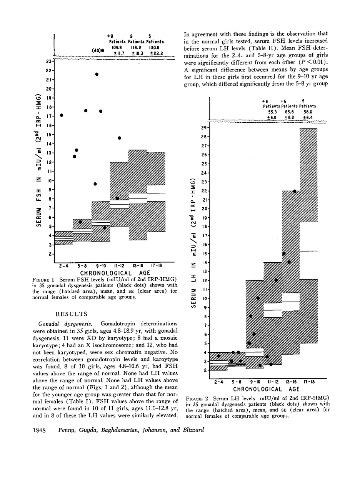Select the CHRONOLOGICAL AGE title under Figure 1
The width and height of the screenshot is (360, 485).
coord(108,273)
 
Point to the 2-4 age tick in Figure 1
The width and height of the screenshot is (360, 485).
coord(63,265)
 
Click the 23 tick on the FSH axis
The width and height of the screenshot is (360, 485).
coord(49,62)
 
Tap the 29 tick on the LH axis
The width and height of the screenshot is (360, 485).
coord(204,128)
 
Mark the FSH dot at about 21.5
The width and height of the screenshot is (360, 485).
coord(97,74)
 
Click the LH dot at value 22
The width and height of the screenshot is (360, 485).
coord(295,191)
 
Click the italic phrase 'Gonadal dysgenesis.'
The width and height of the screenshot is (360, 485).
coord(66,324)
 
